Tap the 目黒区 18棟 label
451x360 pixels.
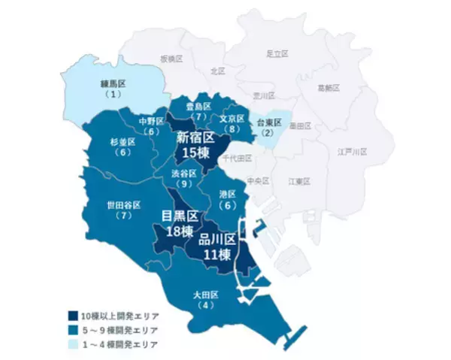[181, 223]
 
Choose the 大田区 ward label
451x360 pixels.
[204, 298]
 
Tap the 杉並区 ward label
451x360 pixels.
[122, 146]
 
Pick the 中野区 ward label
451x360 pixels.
[153, 126]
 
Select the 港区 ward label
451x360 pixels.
[227, 199]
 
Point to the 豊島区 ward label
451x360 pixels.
[198, 111]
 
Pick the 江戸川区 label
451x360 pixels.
[352, 151]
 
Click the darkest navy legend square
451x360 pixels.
[71, 316]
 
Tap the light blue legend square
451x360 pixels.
[71, 343]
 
